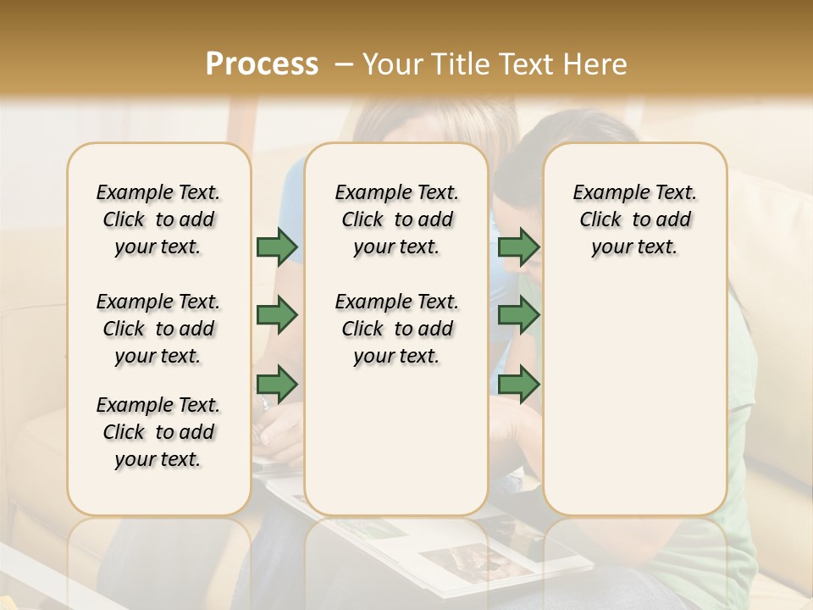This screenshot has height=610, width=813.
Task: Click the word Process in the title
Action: click(x=262, y=64)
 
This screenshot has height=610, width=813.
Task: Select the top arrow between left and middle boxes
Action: click(x=277, y=247)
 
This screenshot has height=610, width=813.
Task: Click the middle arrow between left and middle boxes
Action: click(x=277, y=316)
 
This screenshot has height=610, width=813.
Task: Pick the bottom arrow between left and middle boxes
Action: click(x=277, y=385)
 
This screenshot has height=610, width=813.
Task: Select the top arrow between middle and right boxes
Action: click(x=518, y=247)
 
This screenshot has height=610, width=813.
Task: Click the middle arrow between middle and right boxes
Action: click(x=518, y=316)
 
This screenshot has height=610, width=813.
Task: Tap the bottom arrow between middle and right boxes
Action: click(x=518, y=385)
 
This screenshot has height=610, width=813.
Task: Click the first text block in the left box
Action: click(x=158, y=219)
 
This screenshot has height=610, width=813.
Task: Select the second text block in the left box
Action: click(x=158, y=329)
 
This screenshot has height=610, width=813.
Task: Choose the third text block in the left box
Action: click(x=158, y=432)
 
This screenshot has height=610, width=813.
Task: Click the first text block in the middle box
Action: click(x=396, y=219)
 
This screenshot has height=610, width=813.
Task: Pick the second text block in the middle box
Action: click(x=396, y=329)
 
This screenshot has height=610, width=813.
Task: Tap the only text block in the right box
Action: click(x=634, y=219)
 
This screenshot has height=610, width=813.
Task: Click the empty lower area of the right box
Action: click(x=634, y=407)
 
